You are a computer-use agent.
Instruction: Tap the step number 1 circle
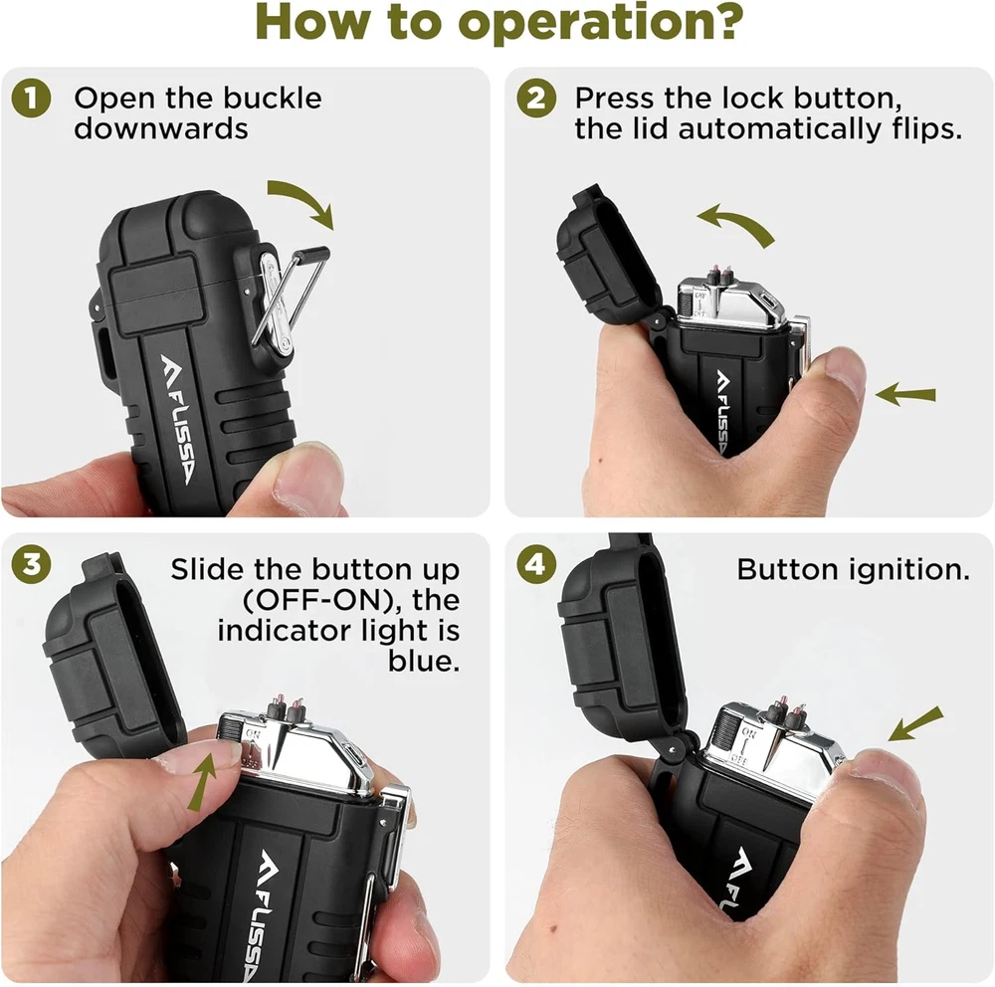coord(31,99)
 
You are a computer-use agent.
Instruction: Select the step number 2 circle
coord(536,99)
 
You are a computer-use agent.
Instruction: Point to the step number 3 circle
coord(31,564)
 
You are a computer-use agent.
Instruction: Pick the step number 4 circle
coord(536,564)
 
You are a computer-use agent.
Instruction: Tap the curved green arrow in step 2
coord(736,224)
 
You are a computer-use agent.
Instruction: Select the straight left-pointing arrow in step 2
coord(905,394)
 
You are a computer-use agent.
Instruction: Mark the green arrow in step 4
coord(916,723)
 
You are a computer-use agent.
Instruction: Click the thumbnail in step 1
coord(304,478)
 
